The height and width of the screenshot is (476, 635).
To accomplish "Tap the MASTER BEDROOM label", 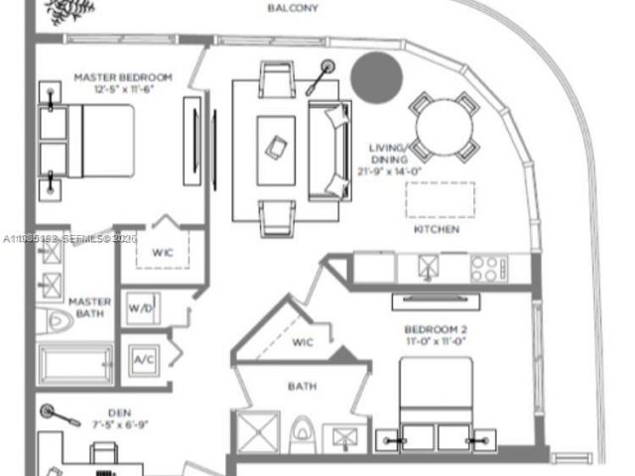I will click(x=123, y=77).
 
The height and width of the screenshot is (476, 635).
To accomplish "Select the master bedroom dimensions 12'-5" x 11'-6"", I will click(x=123, y=89).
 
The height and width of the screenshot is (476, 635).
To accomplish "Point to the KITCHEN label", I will click(x=437, y=229).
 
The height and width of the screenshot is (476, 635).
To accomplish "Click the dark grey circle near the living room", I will click(x=377, y=75).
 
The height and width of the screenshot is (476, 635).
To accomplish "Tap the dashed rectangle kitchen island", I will click(x=440, y=199).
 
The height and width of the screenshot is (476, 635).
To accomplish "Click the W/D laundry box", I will click(x=140, y=308).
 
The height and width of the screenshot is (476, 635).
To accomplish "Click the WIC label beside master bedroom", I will click(x=162, y=252).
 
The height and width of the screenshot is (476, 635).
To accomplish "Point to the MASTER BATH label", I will click(x=89, y=307).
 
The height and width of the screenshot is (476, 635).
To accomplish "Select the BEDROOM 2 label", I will click(x=436, y=329).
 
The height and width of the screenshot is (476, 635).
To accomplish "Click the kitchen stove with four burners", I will click(x=487, y=266).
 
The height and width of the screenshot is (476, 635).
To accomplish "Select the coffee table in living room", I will click(x=276, y=149).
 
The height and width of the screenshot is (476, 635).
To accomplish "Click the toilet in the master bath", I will click(x=52, y=321).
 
